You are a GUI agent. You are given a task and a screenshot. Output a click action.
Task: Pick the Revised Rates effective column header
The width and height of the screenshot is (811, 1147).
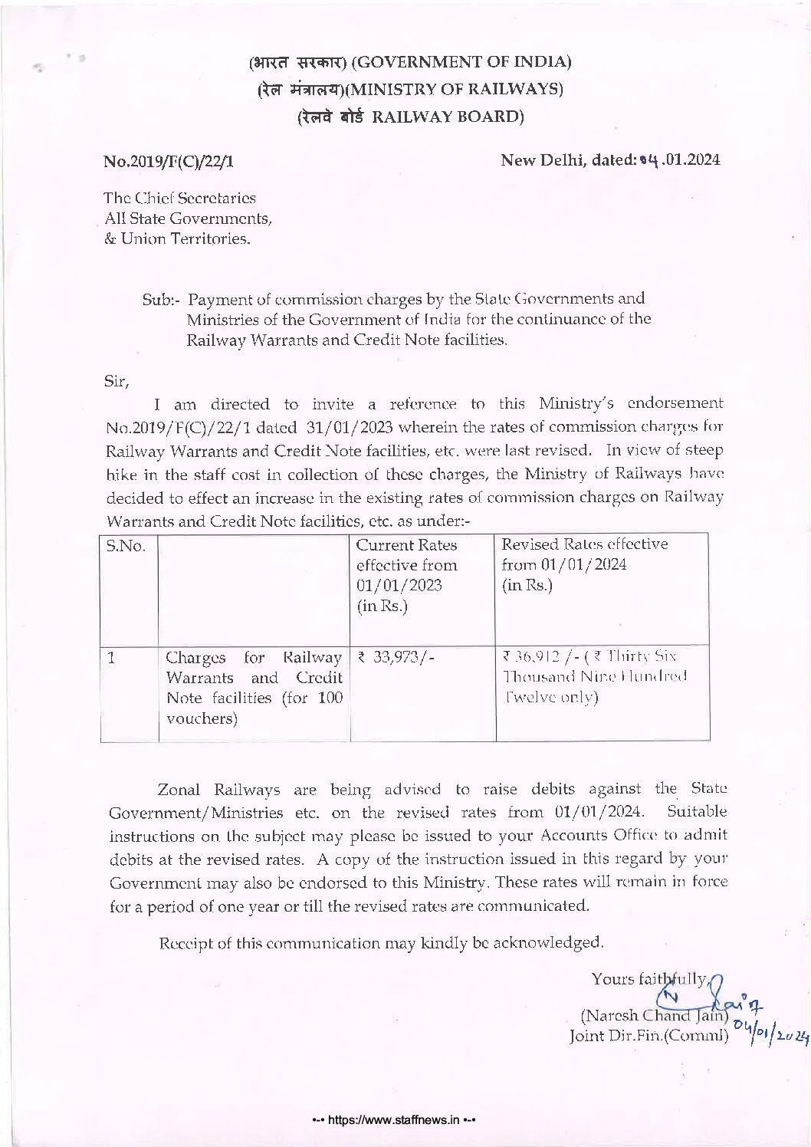[x=584, y=544]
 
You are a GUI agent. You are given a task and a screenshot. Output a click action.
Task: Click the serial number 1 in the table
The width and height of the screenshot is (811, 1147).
[x=112, y=656]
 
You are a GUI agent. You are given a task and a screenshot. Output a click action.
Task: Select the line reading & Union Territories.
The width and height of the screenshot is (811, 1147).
[x=177, y=238]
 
